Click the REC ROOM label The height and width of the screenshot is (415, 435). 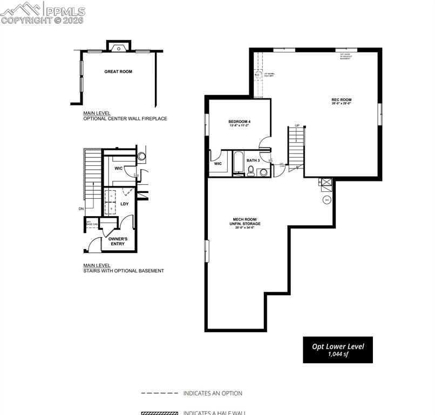[x=341, y=100]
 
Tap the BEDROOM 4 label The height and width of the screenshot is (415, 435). [x=239, y=122]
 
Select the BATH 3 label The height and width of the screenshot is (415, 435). [x=253, y=160]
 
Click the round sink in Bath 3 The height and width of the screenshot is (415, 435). [x=263, y=172]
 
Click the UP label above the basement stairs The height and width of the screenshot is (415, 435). [x=297, y=125]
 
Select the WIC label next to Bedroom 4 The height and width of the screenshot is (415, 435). [x=218, y=163]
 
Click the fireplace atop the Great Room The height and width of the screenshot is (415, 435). [x=118, y=47]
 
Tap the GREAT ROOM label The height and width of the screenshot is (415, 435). [x=118, y=71]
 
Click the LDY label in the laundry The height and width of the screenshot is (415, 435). [x=125, y=204]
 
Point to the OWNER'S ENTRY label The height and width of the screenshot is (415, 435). [x=118, y=241]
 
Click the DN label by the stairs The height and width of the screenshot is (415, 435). [x=81, y=209]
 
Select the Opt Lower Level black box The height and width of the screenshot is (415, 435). [x=337, y=350]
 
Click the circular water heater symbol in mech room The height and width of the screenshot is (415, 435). [x=326, y=200]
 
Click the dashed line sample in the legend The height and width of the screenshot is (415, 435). [x=159, y=393]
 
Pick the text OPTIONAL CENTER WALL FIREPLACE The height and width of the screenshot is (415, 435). [x=125, y=118]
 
